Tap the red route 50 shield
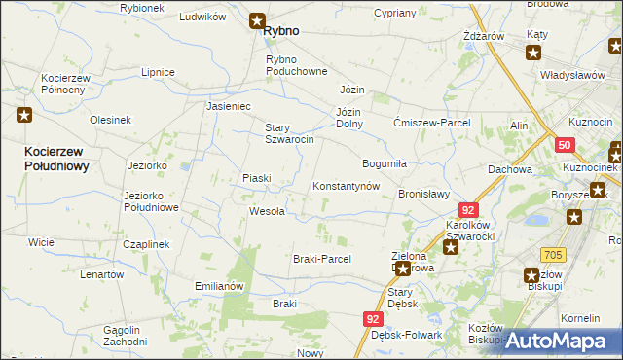566,145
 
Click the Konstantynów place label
345,186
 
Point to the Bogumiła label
384,162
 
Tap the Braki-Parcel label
321,259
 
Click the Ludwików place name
202,18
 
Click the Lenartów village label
102,274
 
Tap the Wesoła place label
267,211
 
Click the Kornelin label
581,318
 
